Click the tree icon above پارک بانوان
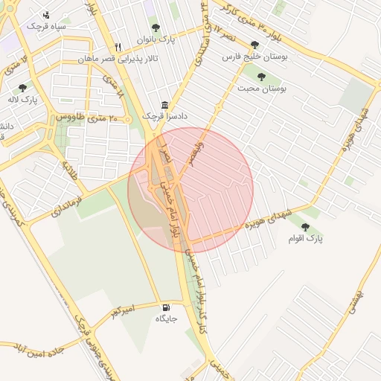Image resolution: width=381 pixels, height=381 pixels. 156,28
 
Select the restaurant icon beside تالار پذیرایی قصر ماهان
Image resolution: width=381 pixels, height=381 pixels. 118,47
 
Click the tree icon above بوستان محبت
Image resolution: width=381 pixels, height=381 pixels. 261,76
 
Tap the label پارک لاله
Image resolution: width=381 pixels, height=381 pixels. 23,99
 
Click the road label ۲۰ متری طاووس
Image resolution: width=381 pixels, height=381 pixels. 88,118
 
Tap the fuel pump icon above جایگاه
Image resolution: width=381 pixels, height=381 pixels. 166,307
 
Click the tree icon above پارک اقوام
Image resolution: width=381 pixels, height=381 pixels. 306,226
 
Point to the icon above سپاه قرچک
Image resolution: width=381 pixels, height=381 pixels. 47,14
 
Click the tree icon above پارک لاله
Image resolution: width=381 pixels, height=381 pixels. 23,88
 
